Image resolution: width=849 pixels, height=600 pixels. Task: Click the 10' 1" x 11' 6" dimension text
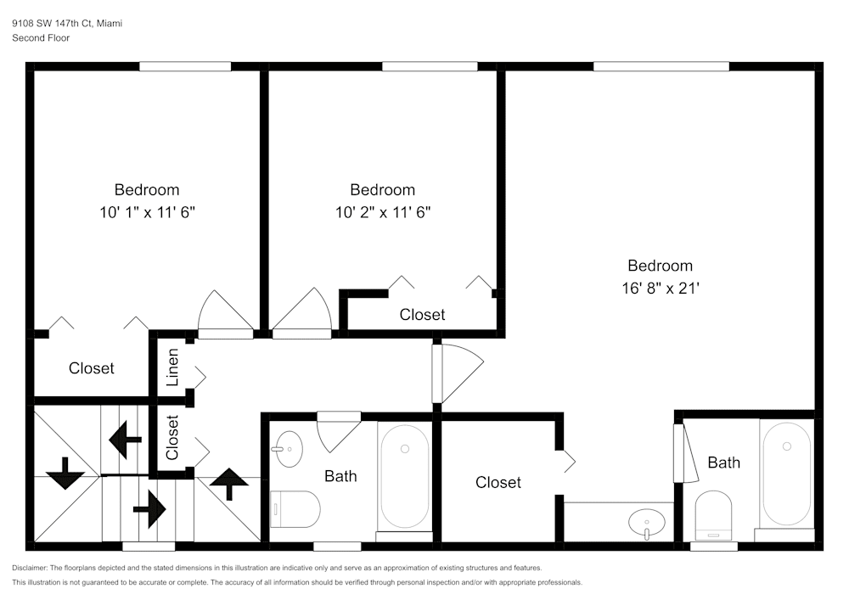click(147, 212)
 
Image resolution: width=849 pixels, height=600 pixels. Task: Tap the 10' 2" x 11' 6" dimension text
click(383, 212)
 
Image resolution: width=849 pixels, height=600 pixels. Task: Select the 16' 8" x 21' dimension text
click(660, 288)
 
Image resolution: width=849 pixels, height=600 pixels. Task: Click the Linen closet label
click(172, 367)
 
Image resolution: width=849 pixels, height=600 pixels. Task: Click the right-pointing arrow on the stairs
click(149, 510)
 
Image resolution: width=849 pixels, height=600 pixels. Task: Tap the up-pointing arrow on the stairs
click(229, 485)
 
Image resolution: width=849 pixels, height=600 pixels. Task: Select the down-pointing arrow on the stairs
click(65, 474)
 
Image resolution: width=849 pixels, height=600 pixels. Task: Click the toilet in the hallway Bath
click(295, 509)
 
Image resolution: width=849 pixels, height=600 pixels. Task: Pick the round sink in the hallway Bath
click(289, 448)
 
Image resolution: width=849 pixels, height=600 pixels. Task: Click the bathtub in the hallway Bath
click(404, 475)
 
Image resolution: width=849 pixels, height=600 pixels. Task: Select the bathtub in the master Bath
click(786, 473)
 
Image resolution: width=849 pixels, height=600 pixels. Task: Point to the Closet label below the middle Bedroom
click(422, 315)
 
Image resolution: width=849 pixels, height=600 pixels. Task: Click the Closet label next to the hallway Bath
click(498, 482)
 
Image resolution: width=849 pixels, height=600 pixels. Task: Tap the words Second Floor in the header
click(41, 38)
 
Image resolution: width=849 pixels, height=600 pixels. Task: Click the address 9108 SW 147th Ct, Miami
click(67, 24)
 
